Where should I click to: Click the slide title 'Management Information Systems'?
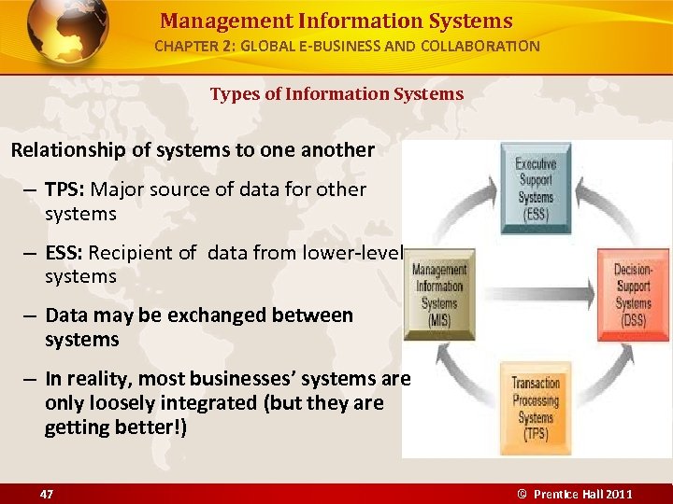coord(336,21)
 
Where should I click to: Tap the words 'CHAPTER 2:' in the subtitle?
coord(193,46)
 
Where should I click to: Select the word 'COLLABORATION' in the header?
coord(486,46)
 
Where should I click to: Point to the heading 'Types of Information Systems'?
coord(336,93)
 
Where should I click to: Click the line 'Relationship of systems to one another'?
coord(193,149)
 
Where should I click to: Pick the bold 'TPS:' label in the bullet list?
coord(65,189)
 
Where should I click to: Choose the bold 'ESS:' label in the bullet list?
coord(65,252)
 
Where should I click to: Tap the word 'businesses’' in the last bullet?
coord(238,379)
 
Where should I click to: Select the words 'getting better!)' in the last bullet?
coord(116,428)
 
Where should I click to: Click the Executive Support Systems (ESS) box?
coord(536,182)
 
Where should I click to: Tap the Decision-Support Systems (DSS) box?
coord(633,292)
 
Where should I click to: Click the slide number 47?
coord(47,493)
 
